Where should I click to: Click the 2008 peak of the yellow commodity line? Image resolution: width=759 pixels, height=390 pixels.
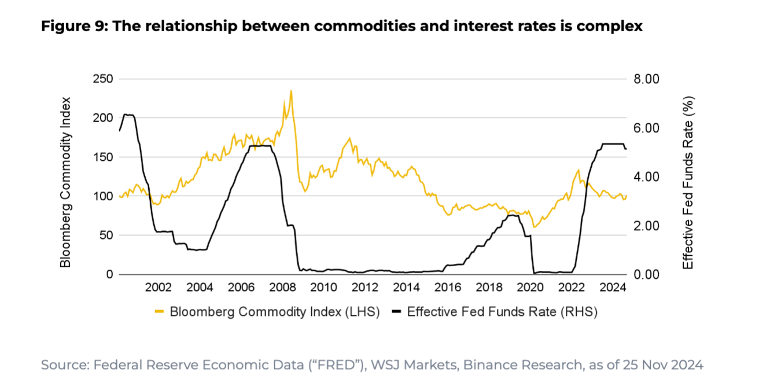click(x=290, y=91)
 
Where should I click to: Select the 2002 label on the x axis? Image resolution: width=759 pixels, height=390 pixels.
click(x=158, y=288)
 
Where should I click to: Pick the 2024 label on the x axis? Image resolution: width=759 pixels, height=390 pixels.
click(x=612, y=288)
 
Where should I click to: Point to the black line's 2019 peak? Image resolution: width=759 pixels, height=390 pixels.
click(x=511, y=215)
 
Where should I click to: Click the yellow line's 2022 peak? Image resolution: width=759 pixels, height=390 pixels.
click(x=578, y=170)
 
